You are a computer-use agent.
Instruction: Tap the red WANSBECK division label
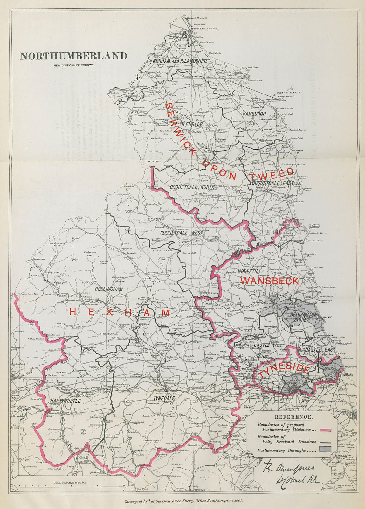pyautogui.click(x=270, y=281)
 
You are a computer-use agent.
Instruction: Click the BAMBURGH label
pyautogui.click(x=254, y=114)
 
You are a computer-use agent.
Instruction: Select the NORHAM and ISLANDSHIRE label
pyautogui.click(x=180, y=61)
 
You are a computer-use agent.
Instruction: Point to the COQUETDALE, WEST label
pyautogui.click(x=181, y=233)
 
